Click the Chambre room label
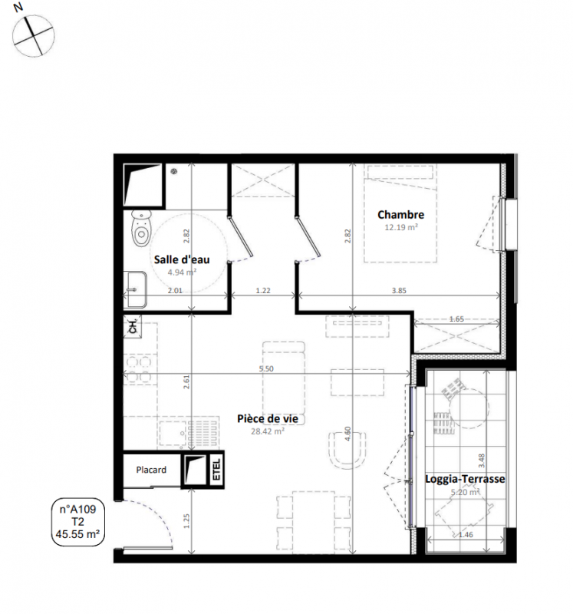click(x=400, y=215)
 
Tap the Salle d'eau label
click(x=182, y=259)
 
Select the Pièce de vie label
click(x=268, y=418)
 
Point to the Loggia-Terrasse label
click(x=465, y=479)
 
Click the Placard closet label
click(x=151, y=470)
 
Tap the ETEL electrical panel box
click(x=216, y=470)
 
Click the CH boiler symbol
click(x=133, y=326)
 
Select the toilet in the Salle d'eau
click(x=141, y=228)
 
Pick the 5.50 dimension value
click(x=266, y=368)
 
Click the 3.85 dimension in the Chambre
click(x=399, y=291)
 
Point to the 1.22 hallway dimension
click(x=263, y=291)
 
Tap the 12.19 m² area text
click(x=400, y=227)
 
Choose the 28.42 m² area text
click(x=268, y=431)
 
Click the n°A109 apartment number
click(x=78, y=510)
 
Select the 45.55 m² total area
click(x=78, y=533)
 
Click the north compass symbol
click(x=33, y=35)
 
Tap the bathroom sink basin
click(x=136, y=289)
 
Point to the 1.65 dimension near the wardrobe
click(x=456, y=319)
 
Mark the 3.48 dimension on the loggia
click(x=482, y=460)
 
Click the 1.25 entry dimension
click(x=186, y=521)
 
